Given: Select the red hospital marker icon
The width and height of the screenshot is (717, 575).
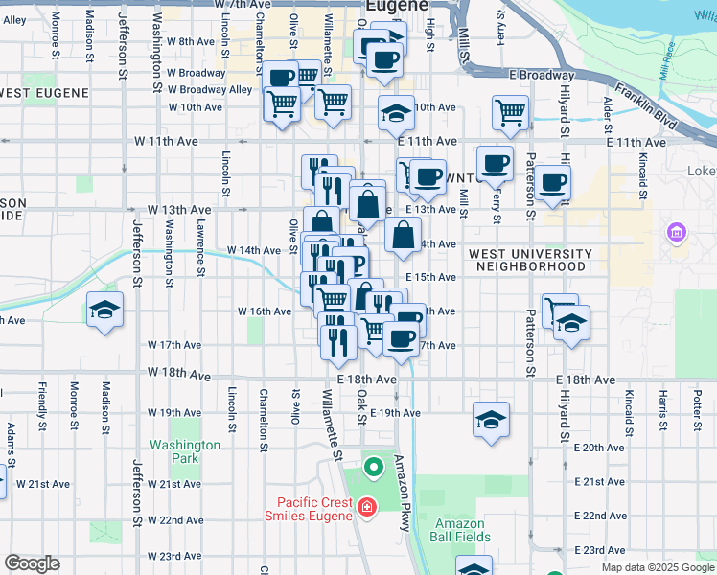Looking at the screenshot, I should point(365,507).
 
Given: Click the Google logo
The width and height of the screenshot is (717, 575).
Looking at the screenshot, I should point(32,563).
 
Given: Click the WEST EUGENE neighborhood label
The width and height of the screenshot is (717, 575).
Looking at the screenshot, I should point(45,93).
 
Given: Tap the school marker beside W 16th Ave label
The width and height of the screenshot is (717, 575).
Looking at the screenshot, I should point(104,310).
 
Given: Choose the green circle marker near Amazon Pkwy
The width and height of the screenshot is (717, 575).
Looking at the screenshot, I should point(374,469).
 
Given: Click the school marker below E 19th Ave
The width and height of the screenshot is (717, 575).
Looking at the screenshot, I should point(491,420).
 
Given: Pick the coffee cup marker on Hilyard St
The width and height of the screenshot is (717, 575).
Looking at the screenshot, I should point(552,182).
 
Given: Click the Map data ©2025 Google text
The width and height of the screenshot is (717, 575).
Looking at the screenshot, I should point(657,567).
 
